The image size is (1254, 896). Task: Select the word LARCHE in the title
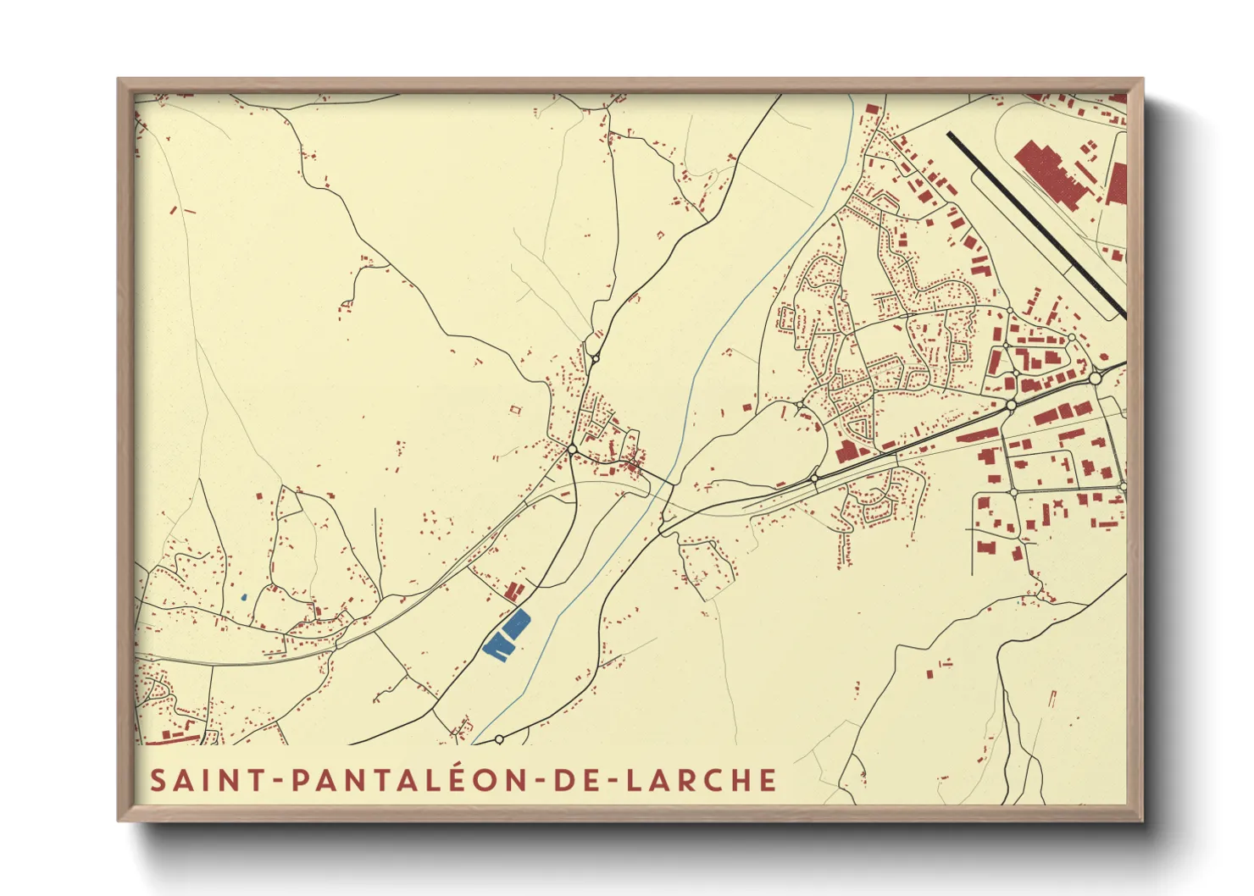(702, 780)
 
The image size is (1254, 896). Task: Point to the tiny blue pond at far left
(243, 597)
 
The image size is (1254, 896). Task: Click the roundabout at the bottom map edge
(499, 739)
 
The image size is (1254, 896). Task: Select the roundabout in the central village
(573, 448)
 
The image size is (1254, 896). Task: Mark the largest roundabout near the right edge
(1095, 378)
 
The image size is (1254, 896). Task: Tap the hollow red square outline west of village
(514, 410)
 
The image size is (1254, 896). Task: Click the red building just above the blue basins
(513, 590)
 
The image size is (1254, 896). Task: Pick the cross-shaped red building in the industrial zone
(1057, 510)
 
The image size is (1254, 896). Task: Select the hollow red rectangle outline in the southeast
(1053, 699)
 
